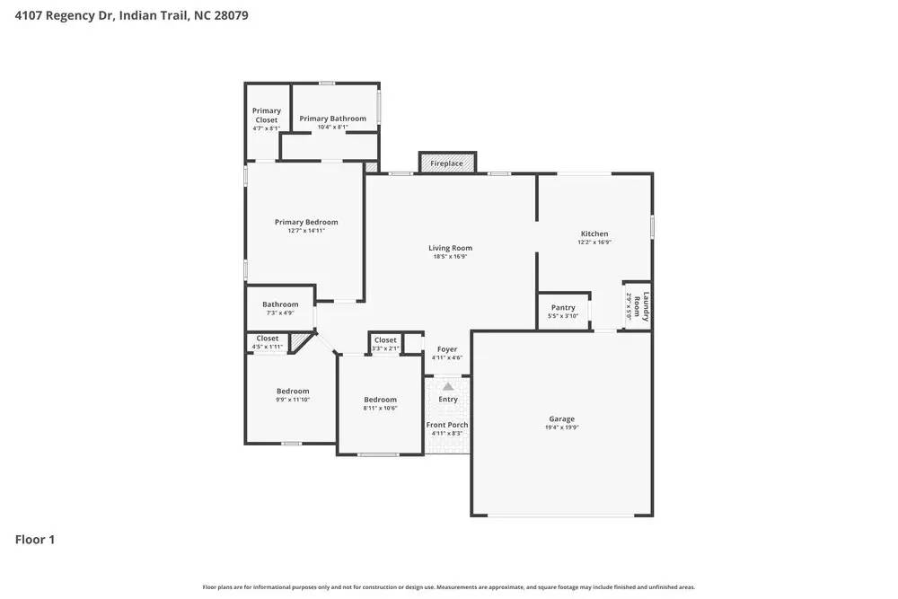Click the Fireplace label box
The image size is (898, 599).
click(446, 163)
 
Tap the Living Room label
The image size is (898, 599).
click(450, 248)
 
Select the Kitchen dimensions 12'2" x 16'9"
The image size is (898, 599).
click(594, 242)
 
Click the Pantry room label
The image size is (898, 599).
click(563, 308)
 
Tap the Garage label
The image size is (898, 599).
click(562, 418)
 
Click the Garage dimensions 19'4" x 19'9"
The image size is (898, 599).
click(562, 427)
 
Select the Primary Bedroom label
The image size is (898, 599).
click(306, 222)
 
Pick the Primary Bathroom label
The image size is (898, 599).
click(332, 119)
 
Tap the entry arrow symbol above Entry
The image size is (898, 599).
click(448, 386)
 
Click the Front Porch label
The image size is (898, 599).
click(447, 425)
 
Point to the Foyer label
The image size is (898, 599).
click(447, 349)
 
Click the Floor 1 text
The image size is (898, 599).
click(35, 540)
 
